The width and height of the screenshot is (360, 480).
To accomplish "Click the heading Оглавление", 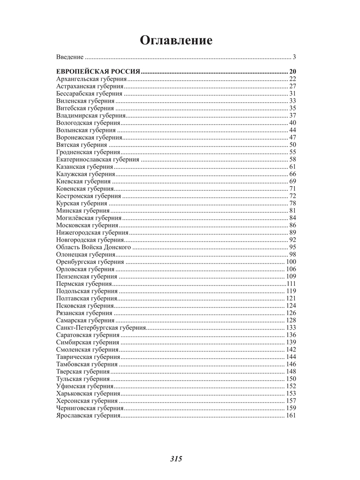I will [x=176, y=41].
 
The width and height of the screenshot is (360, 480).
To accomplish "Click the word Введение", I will [x=70, y=57].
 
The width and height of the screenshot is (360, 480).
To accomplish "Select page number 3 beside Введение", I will [x=294, y=57].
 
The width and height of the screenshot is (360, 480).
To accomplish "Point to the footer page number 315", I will [x=176, y=459].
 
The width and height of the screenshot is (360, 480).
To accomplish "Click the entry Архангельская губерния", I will [x=88, y=79].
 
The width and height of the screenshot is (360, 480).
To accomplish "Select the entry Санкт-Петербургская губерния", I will [x=101, y=327].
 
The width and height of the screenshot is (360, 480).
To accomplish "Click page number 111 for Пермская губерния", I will [x=291, y=284].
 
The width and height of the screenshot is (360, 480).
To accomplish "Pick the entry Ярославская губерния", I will [x=88, y=415].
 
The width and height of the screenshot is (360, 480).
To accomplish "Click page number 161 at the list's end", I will [x=291, y=415].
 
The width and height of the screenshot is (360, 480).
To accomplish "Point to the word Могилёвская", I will [x=75, y=218].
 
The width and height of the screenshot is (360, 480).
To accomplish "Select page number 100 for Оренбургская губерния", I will [x=291, y=262].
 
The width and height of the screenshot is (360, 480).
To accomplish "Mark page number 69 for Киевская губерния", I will [x=292, y=181].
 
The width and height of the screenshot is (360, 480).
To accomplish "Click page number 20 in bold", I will [x=292, y=72].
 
